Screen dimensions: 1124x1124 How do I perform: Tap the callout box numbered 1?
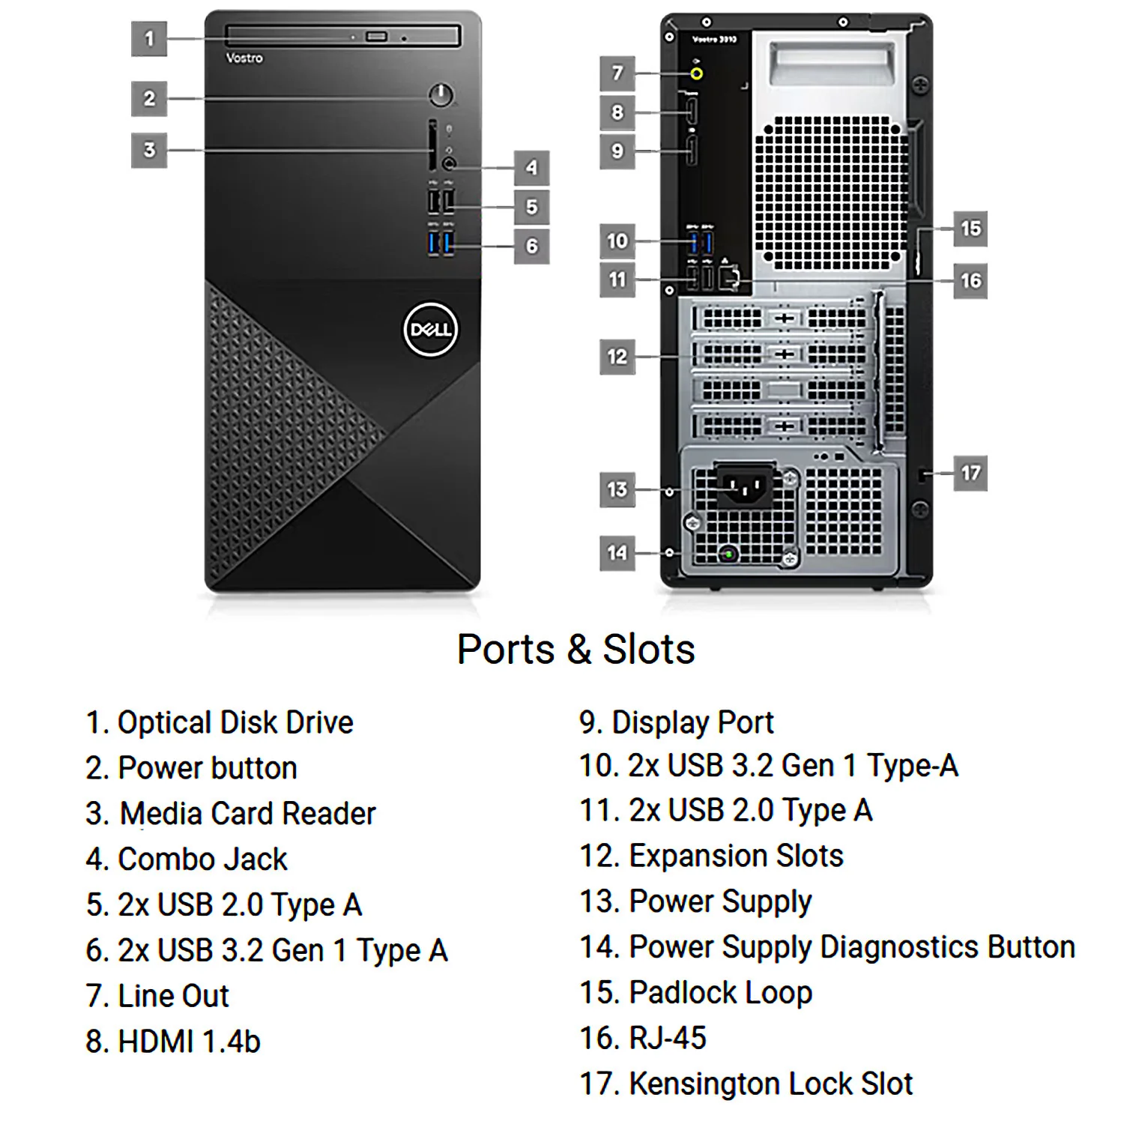(149, 37)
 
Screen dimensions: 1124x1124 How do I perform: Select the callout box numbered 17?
(970, 473)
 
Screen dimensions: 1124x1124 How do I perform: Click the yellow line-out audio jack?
(698, 73)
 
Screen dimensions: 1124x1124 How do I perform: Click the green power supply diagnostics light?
(728, 554)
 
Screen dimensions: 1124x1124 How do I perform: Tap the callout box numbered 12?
(617, 357)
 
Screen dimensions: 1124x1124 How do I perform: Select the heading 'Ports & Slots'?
(576, 649)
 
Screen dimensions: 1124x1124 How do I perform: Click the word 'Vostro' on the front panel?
(244, 58)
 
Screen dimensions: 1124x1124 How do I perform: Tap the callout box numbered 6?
(532, 245)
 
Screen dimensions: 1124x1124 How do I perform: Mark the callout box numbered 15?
(970, 229)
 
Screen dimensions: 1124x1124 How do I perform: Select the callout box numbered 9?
(617, 151)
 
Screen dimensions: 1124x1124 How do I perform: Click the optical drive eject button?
(376, 37)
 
